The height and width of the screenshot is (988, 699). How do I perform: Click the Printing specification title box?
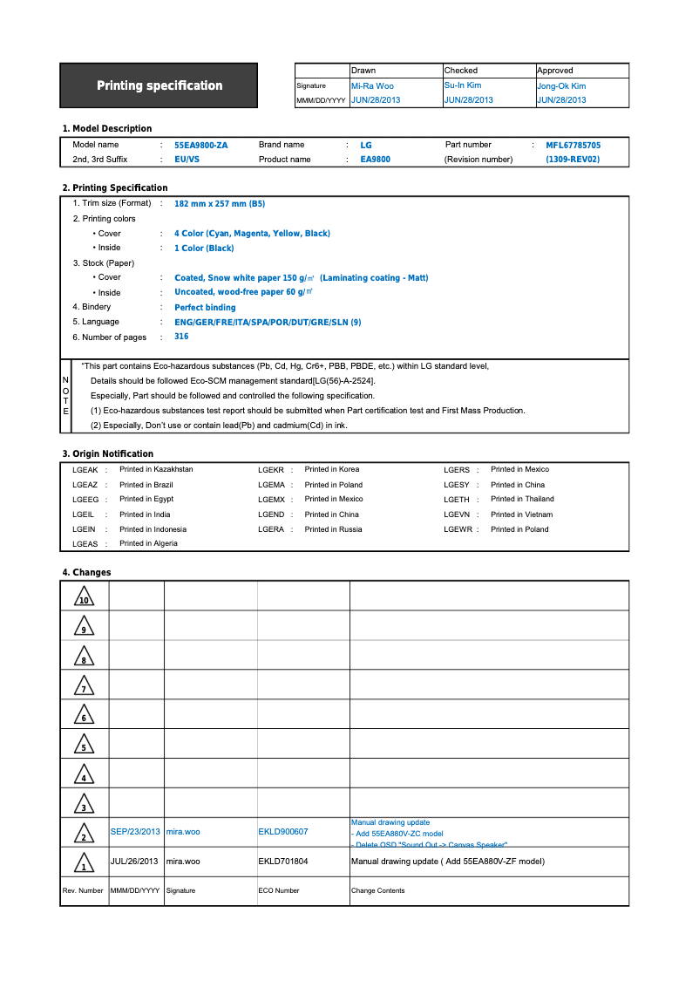[159, 85]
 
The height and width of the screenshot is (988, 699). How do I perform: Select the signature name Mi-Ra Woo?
[372, 86]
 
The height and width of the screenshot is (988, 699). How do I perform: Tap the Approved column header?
[555, 71]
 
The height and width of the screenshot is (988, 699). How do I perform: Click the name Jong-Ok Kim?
[561, 86]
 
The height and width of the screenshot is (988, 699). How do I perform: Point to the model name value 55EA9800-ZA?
[200, 146]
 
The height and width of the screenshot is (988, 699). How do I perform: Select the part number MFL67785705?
[573, 146]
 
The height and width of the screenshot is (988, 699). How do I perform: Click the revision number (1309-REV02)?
[573, 160]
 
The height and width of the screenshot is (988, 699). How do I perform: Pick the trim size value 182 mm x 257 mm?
[220, 204]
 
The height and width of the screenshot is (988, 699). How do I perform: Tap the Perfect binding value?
[205, 308]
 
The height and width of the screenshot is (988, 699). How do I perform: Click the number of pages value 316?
[181, 337]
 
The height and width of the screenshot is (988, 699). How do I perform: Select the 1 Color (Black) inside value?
[204, 249]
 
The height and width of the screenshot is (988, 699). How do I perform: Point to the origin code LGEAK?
[85, 470]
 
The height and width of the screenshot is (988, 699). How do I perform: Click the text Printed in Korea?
[331, 470]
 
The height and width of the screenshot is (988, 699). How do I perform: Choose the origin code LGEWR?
[458, 529]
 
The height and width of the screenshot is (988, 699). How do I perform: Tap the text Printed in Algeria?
[148, 544]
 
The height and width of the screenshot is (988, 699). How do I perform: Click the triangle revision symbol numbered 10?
[84, 597]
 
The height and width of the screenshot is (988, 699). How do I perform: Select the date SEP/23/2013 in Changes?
[136, 832]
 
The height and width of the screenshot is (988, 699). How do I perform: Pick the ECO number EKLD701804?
[283, 862]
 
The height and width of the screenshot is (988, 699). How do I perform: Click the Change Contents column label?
[377, 890]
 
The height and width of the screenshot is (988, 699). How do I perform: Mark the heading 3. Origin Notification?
[107, 454]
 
